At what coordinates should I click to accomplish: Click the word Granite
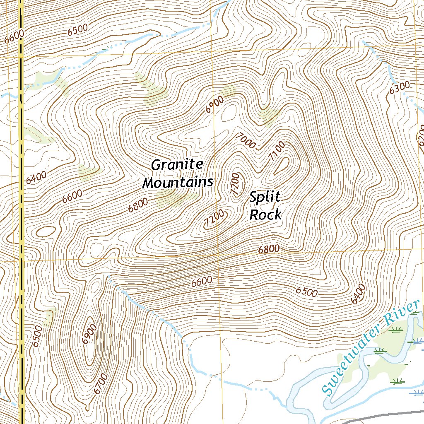(x=177, y=165)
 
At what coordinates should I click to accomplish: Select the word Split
(x=265, y=198)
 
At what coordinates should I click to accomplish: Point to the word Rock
(x=265, y=215)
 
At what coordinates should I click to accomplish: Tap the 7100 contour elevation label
(x=276, y=151)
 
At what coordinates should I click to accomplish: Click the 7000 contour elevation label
(x=245, y=141)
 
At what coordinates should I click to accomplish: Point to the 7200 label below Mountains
(x=214, y=218)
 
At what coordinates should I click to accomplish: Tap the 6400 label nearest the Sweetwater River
(x=358, y=294)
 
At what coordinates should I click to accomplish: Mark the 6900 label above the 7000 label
(x=214, y=104)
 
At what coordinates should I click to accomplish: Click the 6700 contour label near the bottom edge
(x=101, y=383)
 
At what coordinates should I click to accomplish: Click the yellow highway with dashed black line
(x=21, y=207)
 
